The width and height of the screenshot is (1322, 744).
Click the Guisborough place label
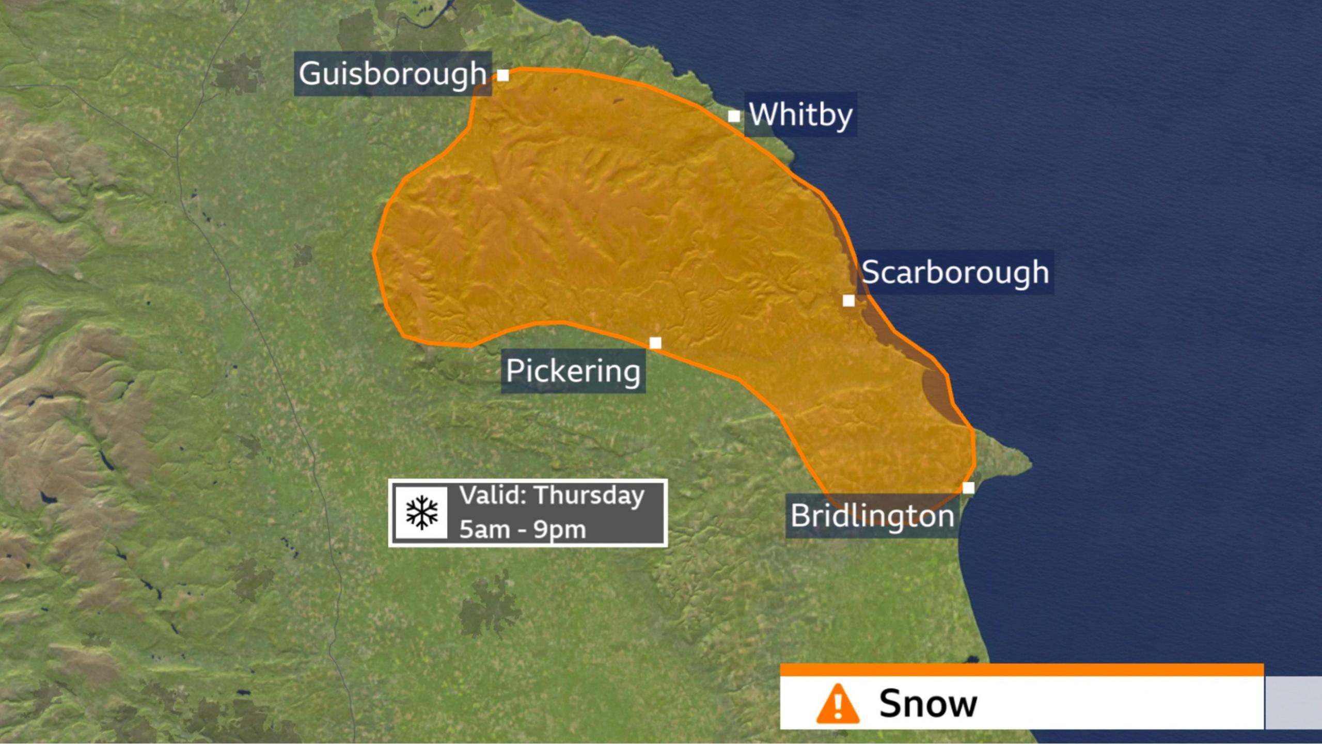pos(392,73)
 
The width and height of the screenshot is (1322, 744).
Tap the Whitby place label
pos(800,114)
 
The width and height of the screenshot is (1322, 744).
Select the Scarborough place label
pos(955,272)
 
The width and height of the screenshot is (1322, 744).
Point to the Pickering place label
pos(573,371)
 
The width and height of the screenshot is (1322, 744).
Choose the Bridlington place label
pos(872,516)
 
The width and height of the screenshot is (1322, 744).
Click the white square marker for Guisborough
pos(503,75)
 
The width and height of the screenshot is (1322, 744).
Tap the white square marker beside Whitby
pos(734,116)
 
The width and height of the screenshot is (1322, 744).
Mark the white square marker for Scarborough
pos(848,300)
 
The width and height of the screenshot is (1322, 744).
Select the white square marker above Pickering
pos(655,343)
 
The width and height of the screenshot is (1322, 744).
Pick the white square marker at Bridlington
pos(968,488)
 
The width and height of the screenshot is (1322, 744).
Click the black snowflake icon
pos(421,513)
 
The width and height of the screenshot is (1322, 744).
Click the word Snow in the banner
pos(928,703)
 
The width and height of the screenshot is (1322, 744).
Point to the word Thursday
pos(589,496)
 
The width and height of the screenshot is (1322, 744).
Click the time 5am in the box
pos(484,530)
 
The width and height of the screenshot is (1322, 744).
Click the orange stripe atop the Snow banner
pos(1021,670)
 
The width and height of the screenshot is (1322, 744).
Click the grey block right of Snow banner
pos(1293,703)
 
